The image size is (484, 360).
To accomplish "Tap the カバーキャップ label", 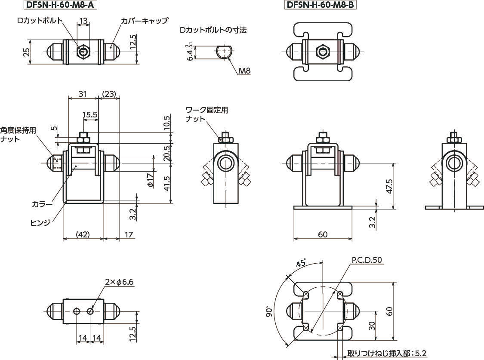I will tap(144, 20).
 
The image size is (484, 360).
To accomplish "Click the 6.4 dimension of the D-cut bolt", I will tap(190, 53).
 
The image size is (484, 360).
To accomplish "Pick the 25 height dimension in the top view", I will tap(27, 52).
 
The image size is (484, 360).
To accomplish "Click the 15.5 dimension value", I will tap(89, 115).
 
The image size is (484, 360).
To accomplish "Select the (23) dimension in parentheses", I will tap(110, 94).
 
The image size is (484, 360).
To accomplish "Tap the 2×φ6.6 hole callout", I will tap(119, 282).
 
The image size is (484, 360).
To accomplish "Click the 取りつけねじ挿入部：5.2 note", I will tap(386, 354).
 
